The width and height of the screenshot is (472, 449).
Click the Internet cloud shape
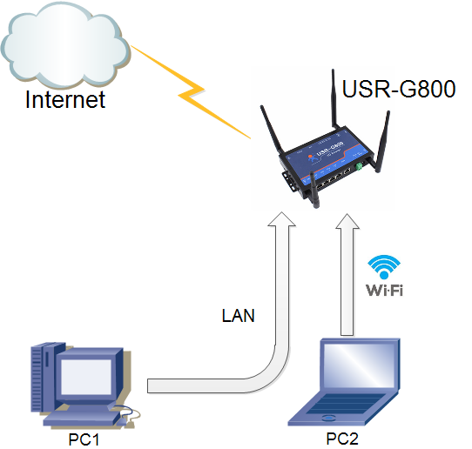(65, 44)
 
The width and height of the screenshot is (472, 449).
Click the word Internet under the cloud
(65, 98)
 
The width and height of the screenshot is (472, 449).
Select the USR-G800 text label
(399, 90)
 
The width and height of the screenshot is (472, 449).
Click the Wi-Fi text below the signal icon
(384, 289)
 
